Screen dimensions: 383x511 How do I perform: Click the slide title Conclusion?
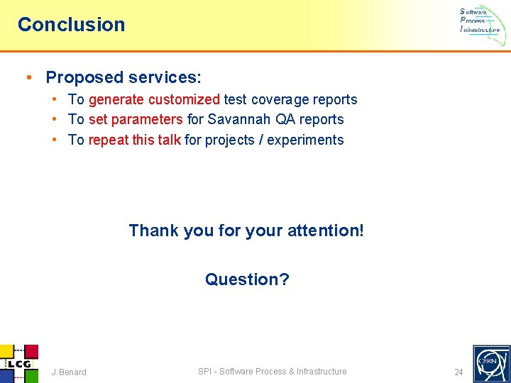(x=71, y=24)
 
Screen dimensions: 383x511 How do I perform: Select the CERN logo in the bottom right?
(x=490, y=363)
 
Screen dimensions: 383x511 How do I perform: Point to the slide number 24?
(x=458, y=372)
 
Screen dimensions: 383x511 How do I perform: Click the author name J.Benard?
(x=69, y=372)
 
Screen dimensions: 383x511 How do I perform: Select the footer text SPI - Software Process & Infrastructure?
(x=272, y=372)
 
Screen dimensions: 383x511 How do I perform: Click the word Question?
(x=247, y=279)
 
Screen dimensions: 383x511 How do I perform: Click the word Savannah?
(x=239, y=120)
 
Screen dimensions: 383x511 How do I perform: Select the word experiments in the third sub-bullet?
(x=306, y=140)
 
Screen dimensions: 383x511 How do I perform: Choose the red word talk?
(x=169, y=140)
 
